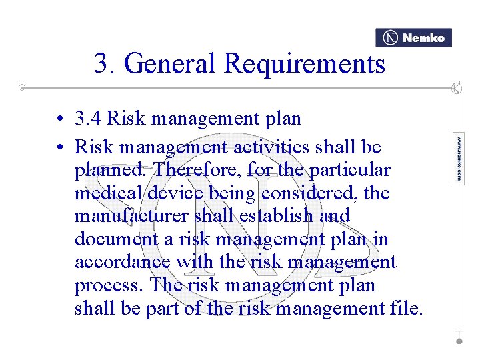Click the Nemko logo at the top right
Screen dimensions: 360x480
tap(413, 38)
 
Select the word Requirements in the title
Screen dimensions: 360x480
tap(305, 64)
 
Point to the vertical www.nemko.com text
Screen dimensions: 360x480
tap(459, 159)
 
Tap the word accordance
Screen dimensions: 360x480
tap(123, 262)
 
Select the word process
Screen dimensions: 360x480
tap(109, 286)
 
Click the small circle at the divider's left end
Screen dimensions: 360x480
tap(22, 87)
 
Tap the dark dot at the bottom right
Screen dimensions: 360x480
tap(459, 340)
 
